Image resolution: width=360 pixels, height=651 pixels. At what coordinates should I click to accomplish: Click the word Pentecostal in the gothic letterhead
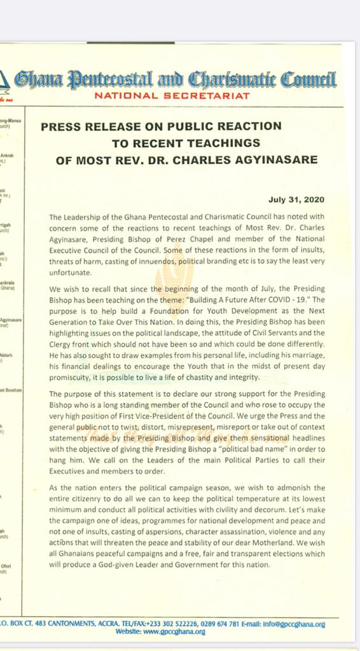pos(116,80)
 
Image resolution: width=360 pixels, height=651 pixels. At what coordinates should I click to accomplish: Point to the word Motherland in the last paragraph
pos(274,542)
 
